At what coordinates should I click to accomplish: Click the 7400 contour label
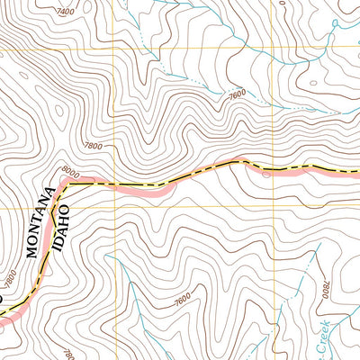[65, 12]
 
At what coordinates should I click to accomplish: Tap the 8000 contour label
[71, 170]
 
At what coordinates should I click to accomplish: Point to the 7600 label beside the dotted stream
[237, 93]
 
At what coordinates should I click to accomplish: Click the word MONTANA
[38, 230]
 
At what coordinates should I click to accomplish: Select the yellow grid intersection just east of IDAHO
[112, 206]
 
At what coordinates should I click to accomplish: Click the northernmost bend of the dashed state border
[238, 161]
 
